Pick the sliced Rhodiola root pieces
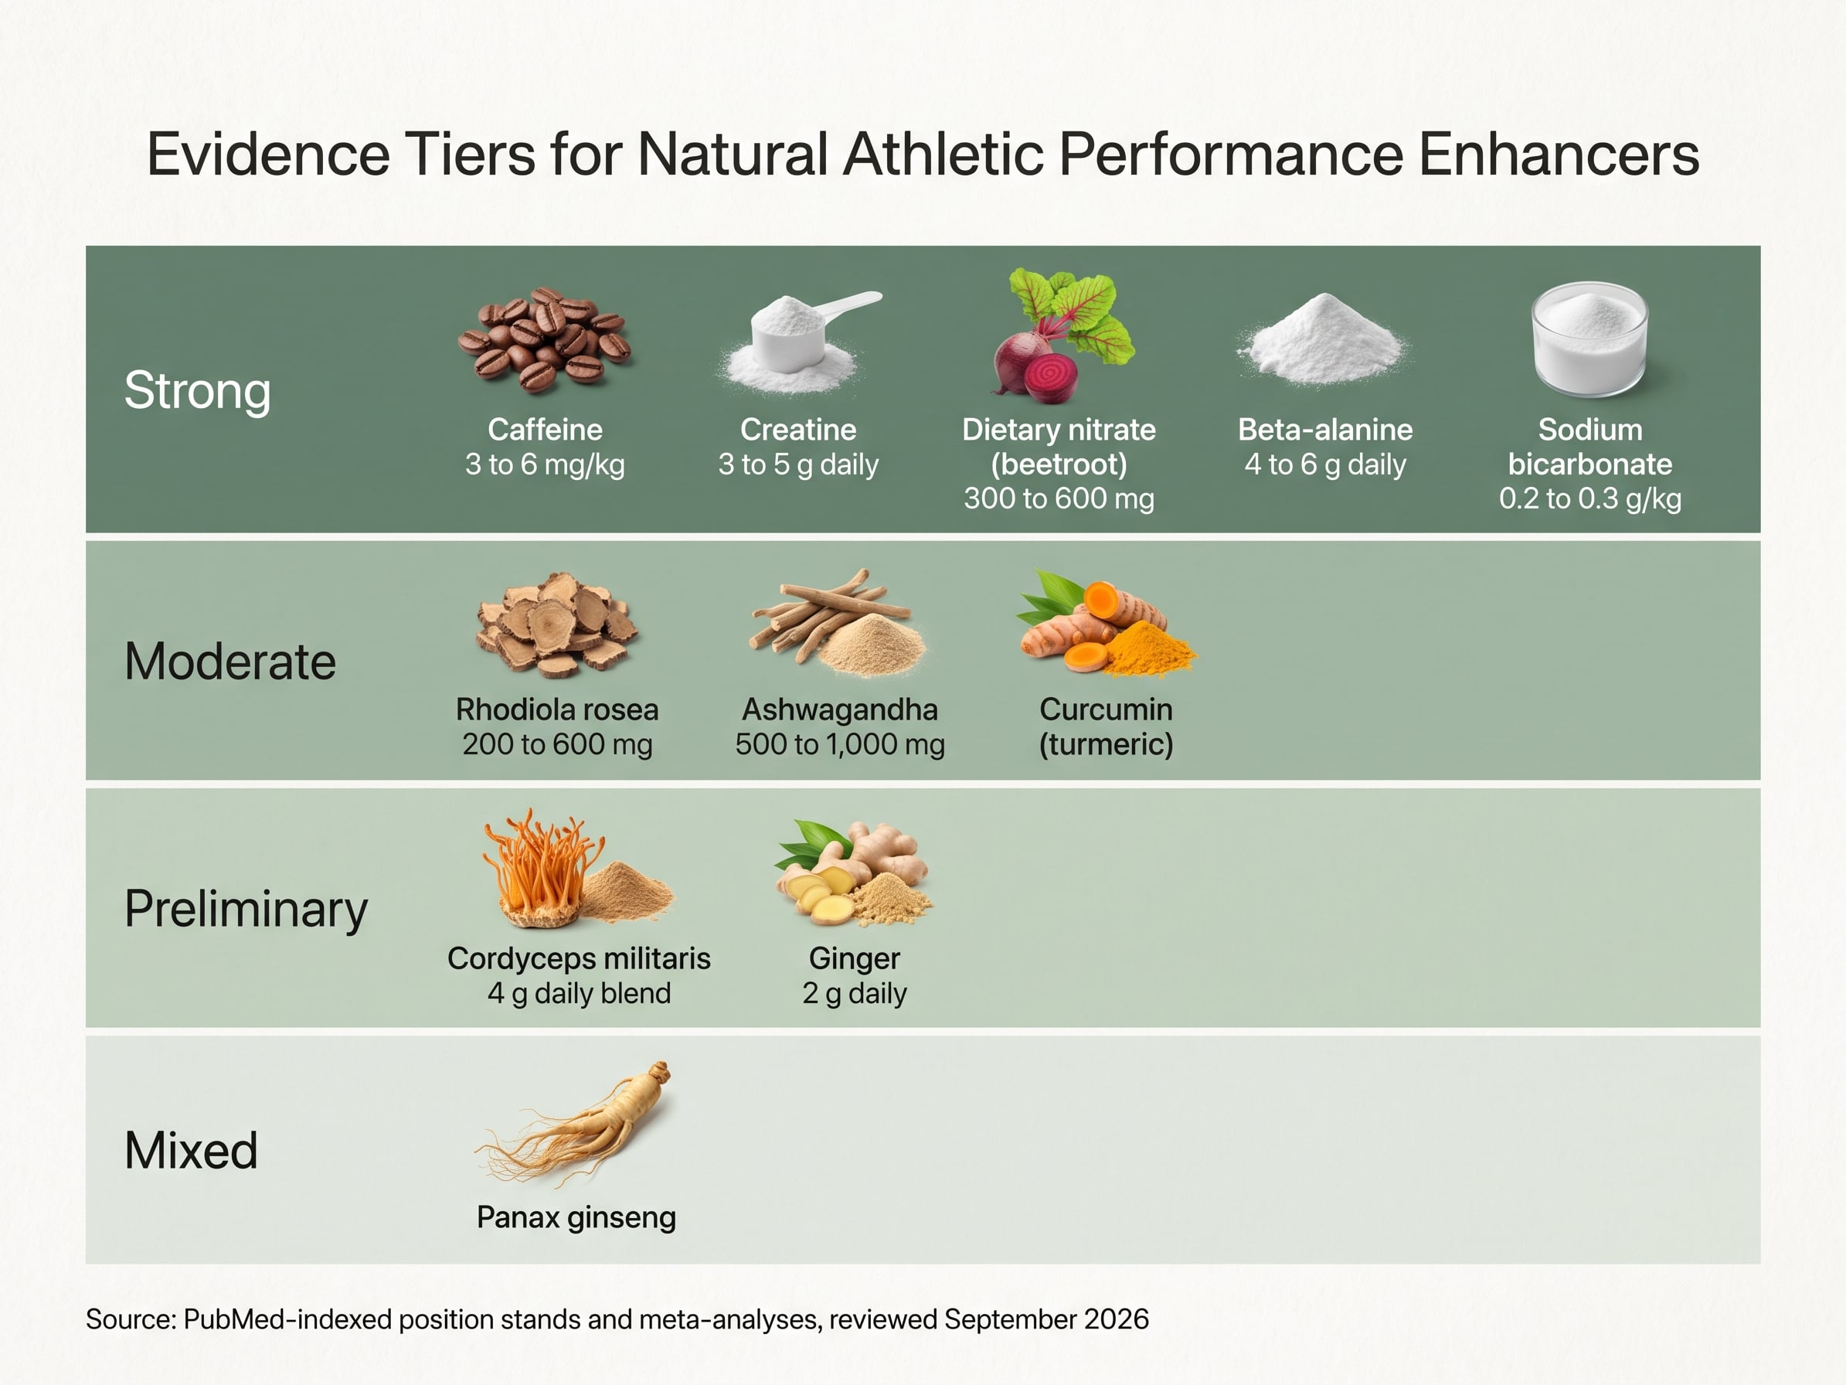click(x=556, y=624)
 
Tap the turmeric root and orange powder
click(x=1105, y=623)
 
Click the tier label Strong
click(x=198, y=391)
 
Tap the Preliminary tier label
click(x=246, y=909)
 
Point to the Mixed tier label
click(x=191, y=1149)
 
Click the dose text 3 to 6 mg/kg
click(x=545, y=465)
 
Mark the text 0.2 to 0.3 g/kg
click(x=1589, y=499)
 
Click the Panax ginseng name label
click(x=576, y=1217)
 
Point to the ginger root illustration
click(x=853, y=873)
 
